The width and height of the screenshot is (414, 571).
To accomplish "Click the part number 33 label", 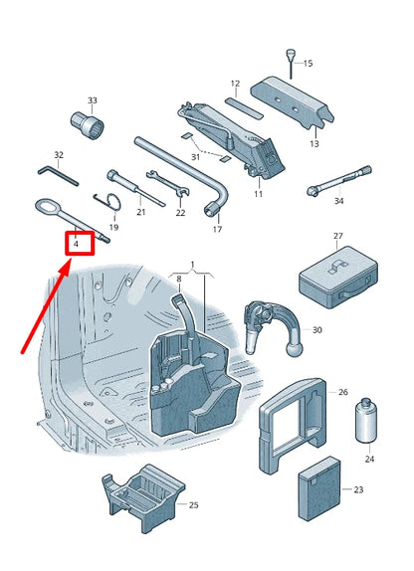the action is click(93, 100).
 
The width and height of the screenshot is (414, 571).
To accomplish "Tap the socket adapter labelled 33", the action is click(88, 125).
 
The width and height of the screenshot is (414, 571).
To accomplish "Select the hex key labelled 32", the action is click(59, 176).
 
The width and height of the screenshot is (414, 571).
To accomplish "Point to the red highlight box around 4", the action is click(80, 244).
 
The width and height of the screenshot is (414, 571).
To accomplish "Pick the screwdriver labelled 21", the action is click(136, 188).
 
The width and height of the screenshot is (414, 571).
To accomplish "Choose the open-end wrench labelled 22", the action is click(168, 183).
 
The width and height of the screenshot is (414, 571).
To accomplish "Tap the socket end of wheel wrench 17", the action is click(211, 209).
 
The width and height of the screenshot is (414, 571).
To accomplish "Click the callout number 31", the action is click(196, 157).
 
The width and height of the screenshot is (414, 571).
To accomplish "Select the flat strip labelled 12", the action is click(244, 107).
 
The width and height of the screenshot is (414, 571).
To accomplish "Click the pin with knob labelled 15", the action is click(291, 64).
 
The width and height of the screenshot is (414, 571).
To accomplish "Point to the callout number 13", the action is click(314, 144).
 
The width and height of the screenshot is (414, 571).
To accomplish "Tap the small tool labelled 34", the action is click(339, 181).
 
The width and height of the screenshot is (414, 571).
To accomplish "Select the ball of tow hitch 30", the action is click(295, 349).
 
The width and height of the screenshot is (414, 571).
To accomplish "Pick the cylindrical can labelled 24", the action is click(366, 420).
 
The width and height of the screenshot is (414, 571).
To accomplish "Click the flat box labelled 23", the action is click(319, 488).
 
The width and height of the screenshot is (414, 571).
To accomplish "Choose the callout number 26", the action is click(343, 392).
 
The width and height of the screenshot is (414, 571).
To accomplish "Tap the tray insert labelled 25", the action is click(143, 496).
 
